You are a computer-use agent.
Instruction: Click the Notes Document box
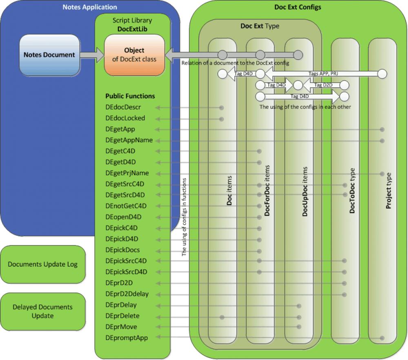[49, 55]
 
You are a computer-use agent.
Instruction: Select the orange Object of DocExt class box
[134, 55]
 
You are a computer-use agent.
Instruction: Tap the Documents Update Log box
[42, 264]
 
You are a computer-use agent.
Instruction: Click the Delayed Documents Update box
[42, 311]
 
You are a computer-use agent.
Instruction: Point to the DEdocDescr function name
[123, 107]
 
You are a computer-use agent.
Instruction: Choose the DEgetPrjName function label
[127, 173]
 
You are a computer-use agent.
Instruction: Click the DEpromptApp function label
[126, 338]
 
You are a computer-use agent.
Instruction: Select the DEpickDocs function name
[122, 250]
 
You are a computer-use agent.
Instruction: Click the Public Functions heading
[130, 96]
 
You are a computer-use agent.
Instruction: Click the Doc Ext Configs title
[297, 7]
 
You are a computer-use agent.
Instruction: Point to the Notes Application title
[89, 7]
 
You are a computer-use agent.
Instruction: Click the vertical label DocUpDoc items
[305, 191]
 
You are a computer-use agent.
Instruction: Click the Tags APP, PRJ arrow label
[322, 74]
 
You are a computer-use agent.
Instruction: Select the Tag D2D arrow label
[323, 85]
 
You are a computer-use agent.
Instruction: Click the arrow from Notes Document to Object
[92, 55]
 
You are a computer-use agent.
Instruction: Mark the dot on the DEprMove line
[299, 327]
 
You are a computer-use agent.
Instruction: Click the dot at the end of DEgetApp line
[382, 129]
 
